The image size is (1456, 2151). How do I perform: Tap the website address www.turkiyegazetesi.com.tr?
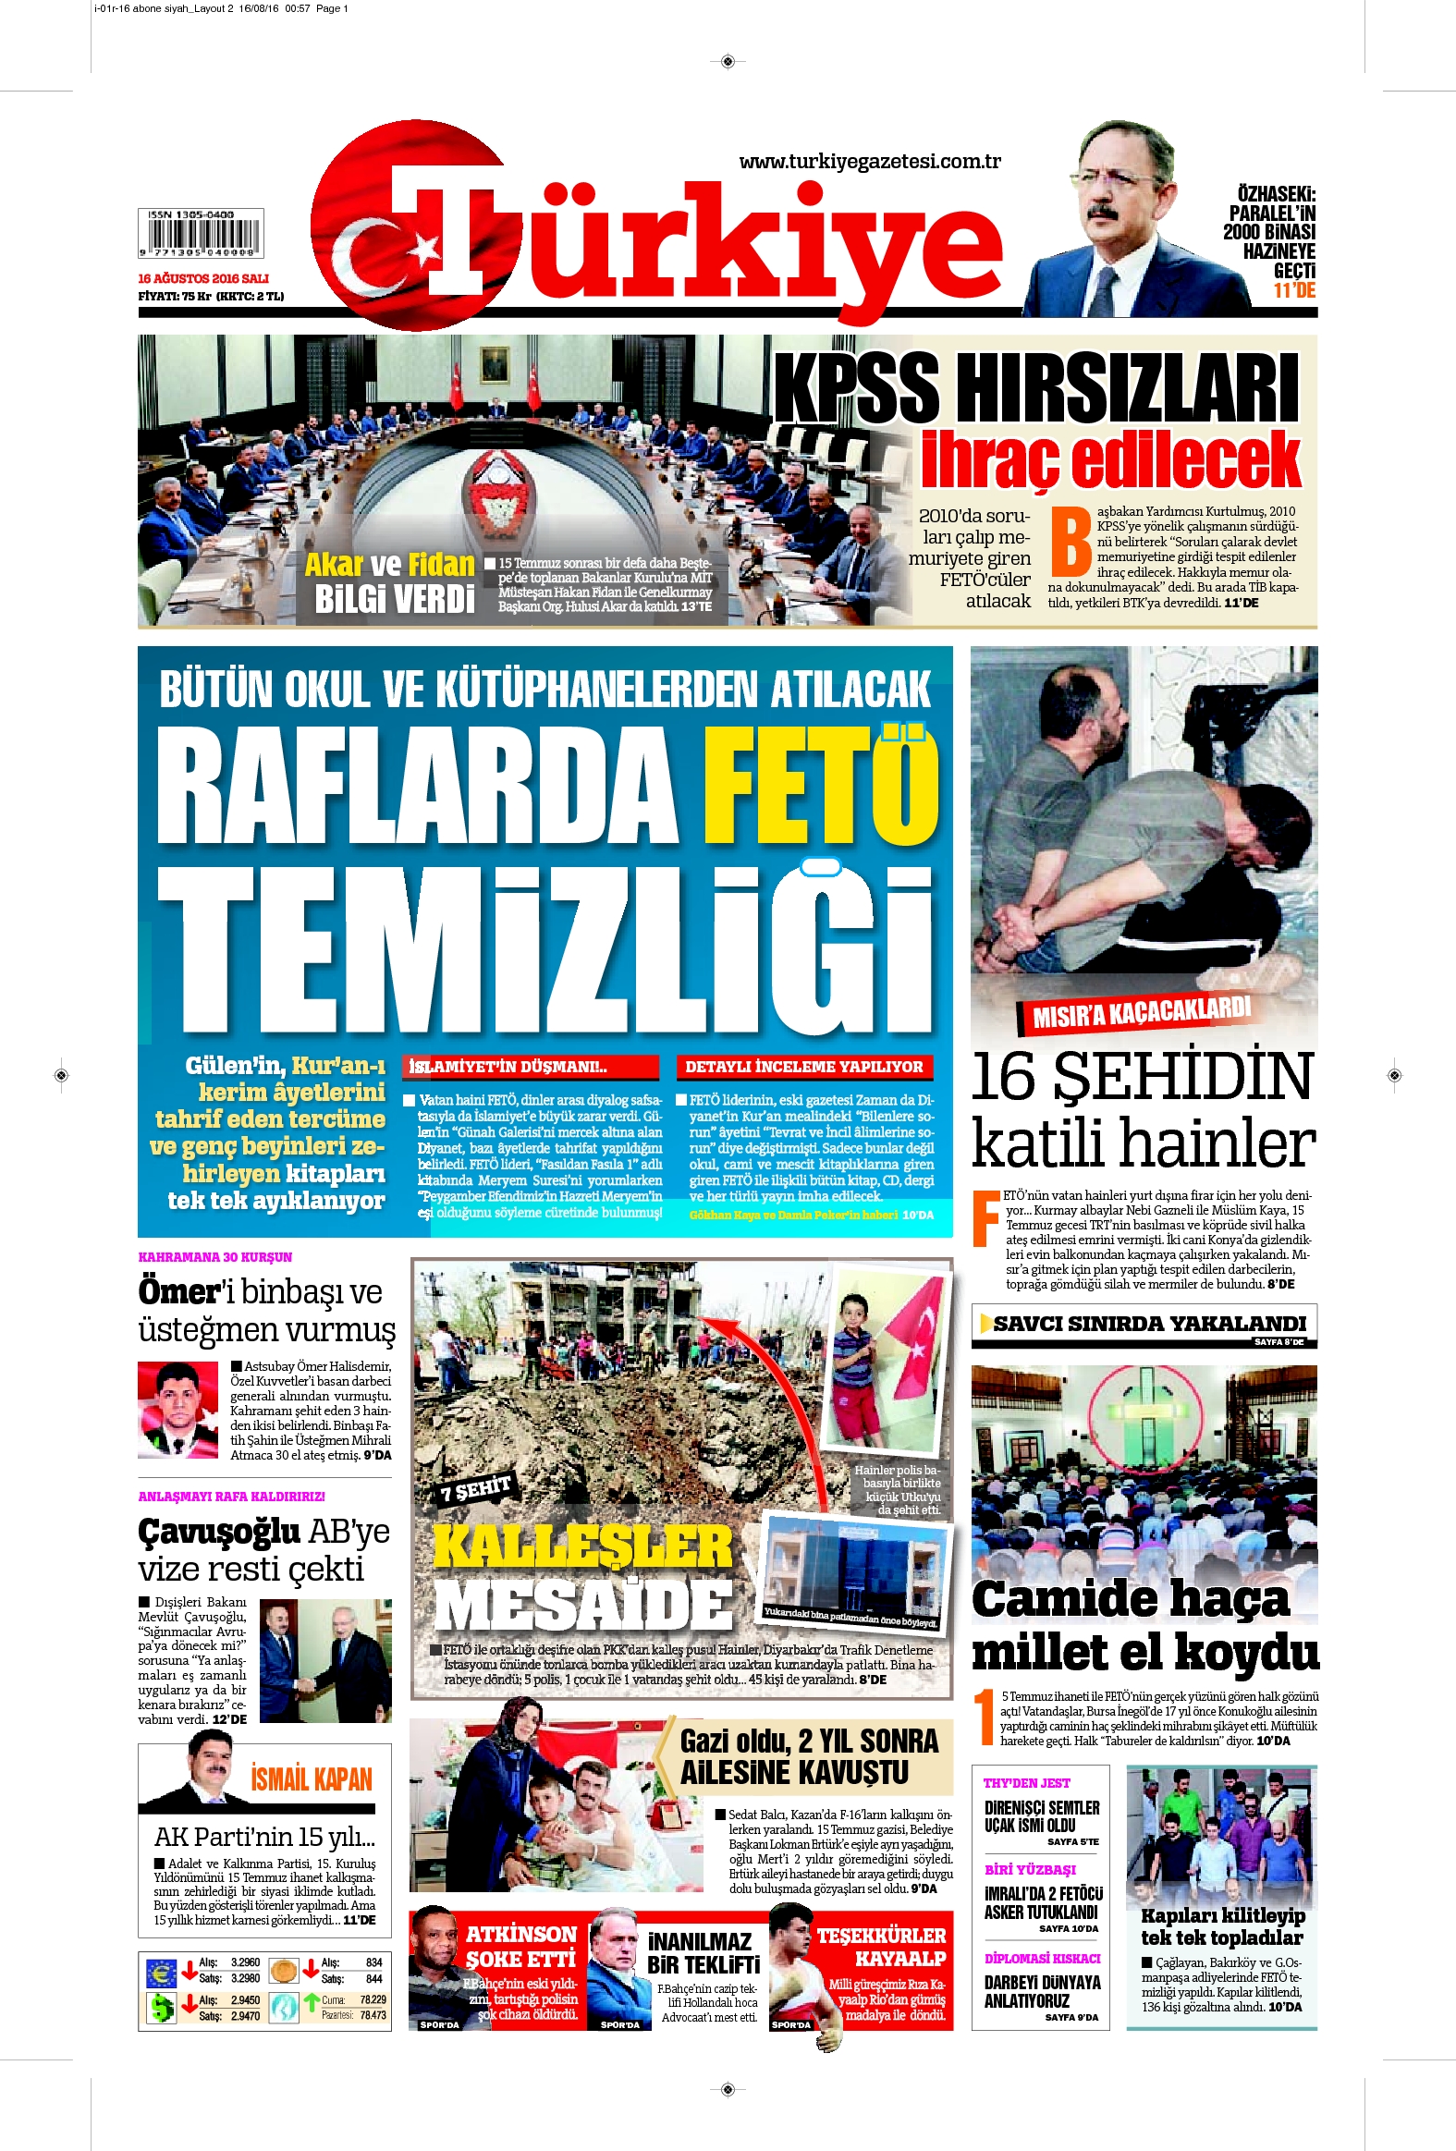pyautogui.click(x=869, y=162)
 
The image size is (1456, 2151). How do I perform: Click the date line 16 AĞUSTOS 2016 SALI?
pyautogui.click(x=203, y=277)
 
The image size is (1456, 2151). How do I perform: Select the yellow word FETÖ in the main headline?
pyautogui.click(x=820, y=786)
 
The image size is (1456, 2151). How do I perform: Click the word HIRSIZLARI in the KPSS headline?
pyautogui.click(x=1127, y=389)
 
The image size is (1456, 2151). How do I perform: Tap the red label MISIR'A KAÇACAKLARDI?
pyautogui.click(x=1142, y=1011)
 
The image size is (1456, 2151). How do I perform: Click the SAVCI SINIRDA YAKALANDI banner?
pyautogui.click(x=1149, y=1324)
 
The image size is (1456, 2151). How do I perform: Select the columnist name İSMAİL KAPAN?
pyautogui.click(x=311, y=1778)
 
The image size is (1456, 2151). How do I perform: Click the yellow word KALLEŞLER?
pyautogui.click(x=582, y=1546)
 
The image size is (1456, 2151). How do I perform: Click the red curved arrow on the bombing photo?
pyautogui.click(x=740, y=1370)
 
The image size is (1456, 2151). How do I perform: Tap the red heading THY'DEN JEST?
pyautogui.click(x=1026, y=1782)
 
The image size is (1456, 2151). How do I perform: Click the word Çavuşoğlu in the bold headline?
pyautogui.click(x=219, y=1532)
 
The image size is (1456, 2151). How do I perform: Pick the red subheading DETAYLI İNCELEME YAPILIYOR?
pyautogui.click(x=803, y=1066)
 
